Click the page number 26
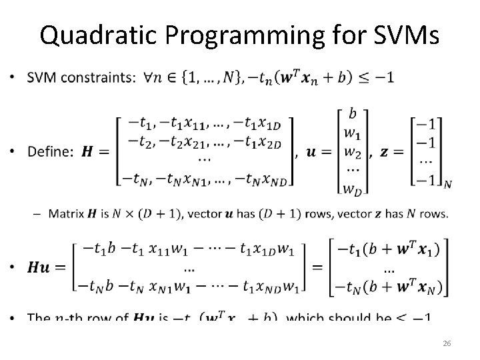(447, 343)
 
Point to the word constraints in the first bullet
(97, 78)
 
